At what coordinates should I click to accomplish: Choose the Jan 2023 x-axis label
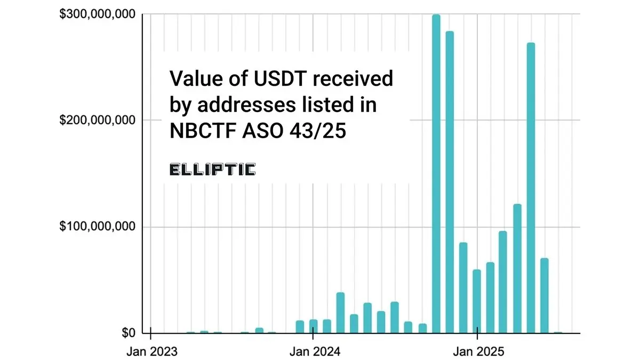click(151, 351)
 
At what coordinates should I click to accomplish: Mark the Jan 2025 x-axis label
click(477, 351)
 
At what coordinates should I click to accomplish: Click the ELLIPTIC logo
click(212, 170)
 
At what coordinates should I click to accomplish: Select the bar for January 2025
click(477, 301)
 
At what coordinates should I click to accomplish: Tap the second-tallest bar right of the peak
click(450, 182)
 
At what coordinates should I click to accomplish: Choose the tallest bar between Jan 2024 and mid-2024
click(341, 313)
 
